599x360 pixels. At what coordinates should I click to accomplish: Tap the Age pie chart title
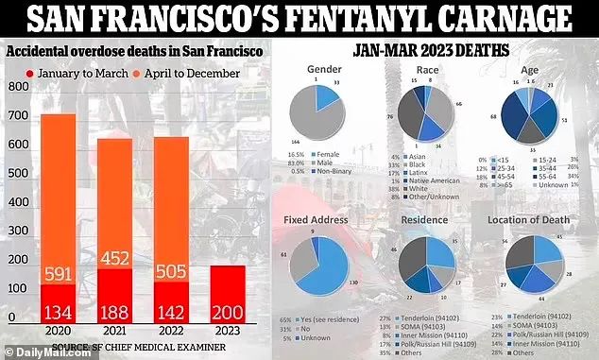[x=524, y=71]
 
